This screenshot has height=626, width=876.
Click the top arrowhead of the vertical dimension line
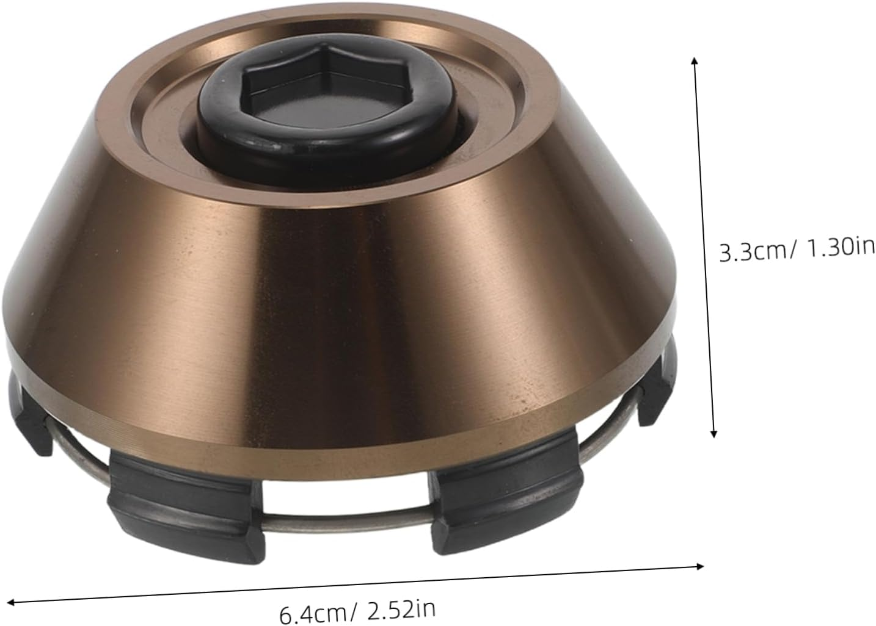pyautogui.click(x=694, y=61)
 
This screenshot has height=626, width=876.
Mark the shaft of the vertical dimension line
pyautogui.click(x=703, y=244)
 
